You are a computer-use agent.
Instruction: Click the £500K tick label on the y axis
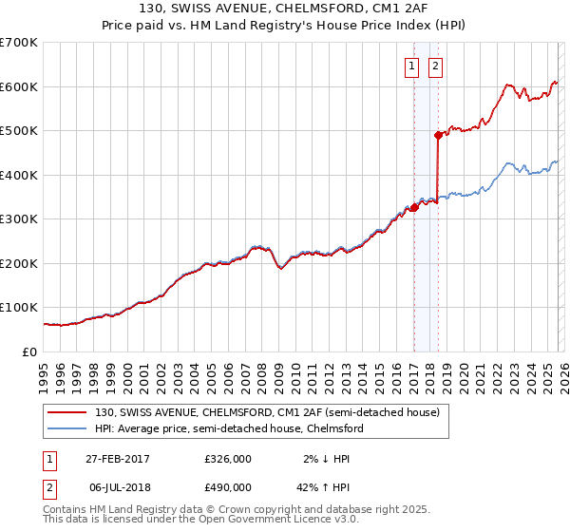pyautogui.click(x=19, y=130)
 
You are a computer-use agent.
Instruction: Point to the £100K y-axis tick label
pyautogui.click(x=19, y=308)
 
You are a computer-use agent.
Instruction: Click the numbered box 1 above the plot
pyautogui.click(x=412, y=66)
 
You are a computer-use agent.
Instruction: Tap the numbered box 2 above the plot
pyautogui.click(x=435, y=66)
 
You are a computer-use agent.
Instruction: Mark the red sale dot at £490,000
pyautogui.click(x=438, y=136)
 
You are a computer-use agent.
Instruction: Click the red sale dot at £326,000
pyautogui.click(x=414, y=207)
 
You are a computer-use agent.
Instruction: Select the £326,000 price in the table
pyautogui.click(x=228, y=459)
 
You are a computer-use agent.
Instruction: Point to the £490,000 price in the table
pyautogui.click(x=228, y=487)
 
